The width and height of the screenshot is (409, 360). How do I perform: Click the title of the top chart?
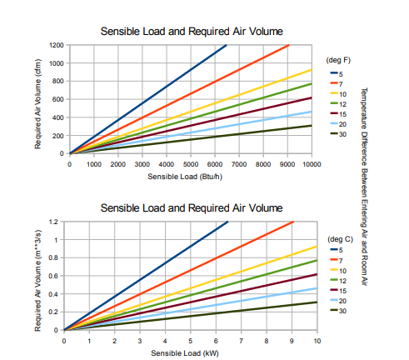(191, 32)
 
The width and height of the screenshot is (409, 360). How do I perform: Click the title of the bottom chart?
(191, 207)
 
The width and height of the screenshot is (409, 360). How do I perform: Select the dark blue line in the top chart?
(150, 97)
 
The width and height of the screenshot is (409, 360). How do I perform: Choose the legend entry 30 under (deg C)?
(343, 310)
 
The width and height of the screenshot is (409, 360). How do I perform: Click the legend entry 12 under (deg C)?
(343, 280)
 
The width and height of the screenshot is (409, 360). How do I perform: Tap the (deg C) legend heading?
(339, 238)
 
